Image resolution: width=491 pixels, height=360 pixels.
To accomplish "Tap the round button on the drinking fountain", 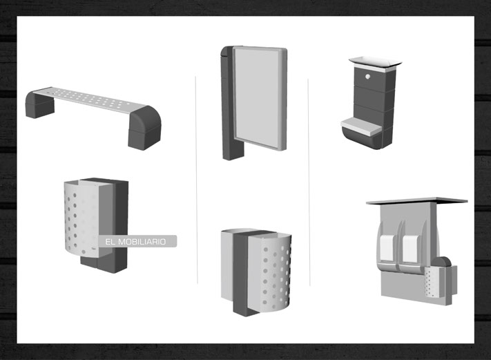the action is (367, 77).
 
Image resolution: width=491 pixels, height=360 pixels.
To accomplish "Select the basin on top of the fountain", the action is (376, 63).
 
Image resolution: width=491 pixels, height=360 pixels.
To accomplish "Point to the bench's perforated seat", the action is (89, 100).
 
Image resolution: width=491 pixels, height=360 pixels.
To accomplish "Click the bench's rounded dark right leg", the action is (144, 128).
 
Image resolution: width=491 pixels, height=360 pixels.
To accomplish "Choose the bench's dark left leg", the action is (39, 104).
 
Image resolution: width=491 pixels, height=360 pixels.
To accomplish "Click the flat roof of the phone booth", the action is (417, 200).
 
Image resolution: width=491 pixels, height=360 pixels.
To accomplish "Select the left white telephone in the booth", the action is (387, 249).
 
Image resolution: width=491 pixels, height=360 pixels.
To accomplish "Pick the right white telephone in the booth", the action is (410, 249).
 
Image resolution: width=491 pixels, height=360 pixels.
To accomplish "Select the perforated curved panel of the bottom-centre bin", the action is (269, 273).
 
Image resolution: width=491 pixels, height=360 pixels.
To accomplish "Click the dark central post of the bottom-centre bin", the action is (242, 273).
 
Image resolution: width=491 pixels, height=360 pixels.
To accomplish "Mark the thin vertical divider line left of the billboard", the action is (197, 180).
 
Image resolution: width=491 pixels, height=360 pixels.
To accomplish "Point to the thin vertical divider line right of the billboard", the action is (309, 182).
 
